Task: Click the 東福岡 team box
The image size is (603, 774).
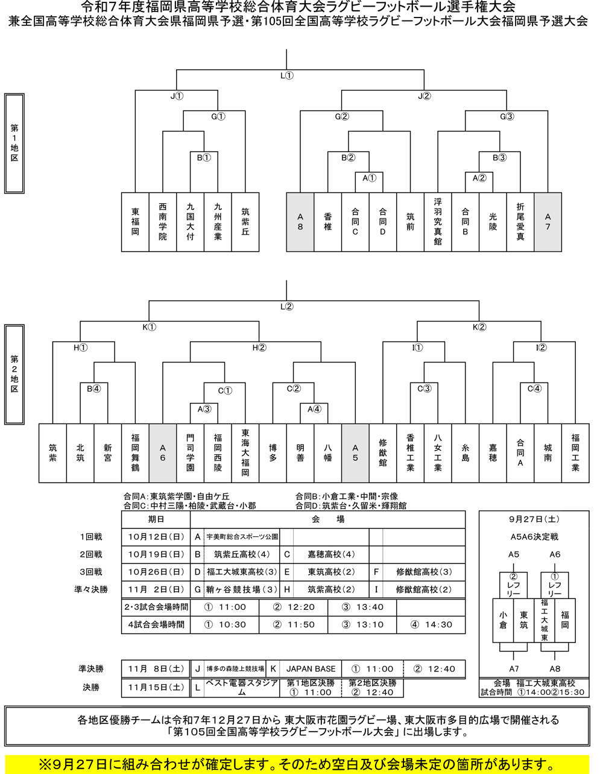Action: (135, 221)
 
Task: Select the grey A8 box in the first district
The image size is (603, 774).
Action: (300, 221)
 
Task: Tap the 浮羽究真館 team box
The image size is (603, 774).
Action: (438, 221)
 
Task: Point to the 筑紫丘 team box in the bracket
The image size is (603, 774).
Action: (245, 221)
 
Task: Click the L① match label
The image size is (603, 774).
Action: (287, 76)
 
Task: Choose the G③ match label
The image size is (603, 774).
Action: (507, 117)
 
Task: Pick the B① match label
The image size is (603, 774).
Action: (204, 158)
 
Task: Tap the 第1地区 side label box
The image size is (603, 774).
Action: (14, 143)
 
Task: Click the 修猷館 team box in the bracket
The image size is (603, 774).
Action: (383, 452)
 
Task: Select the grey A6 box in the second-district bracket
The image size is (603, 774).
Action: (163, 452)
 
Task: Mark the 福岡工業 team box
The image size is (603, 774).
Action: (575, 452)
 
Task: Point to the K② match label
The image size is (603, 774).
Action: (479, 328)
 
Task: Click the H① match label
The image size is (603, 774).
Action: (80, 348)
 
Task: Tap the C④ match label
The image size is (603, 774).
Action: (534, 389)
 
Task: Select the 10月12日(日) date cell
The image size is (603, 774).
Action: (156, 536)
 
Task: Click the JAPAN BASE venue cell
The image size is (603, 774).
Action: (311, 668)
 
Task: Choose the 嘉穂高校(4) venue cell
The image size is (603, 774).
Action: (331, 554)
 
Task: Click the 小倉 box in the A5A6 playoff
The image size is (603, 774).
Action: (503, 620)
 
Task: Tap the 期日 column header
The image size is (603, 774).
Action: (156, 519)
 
